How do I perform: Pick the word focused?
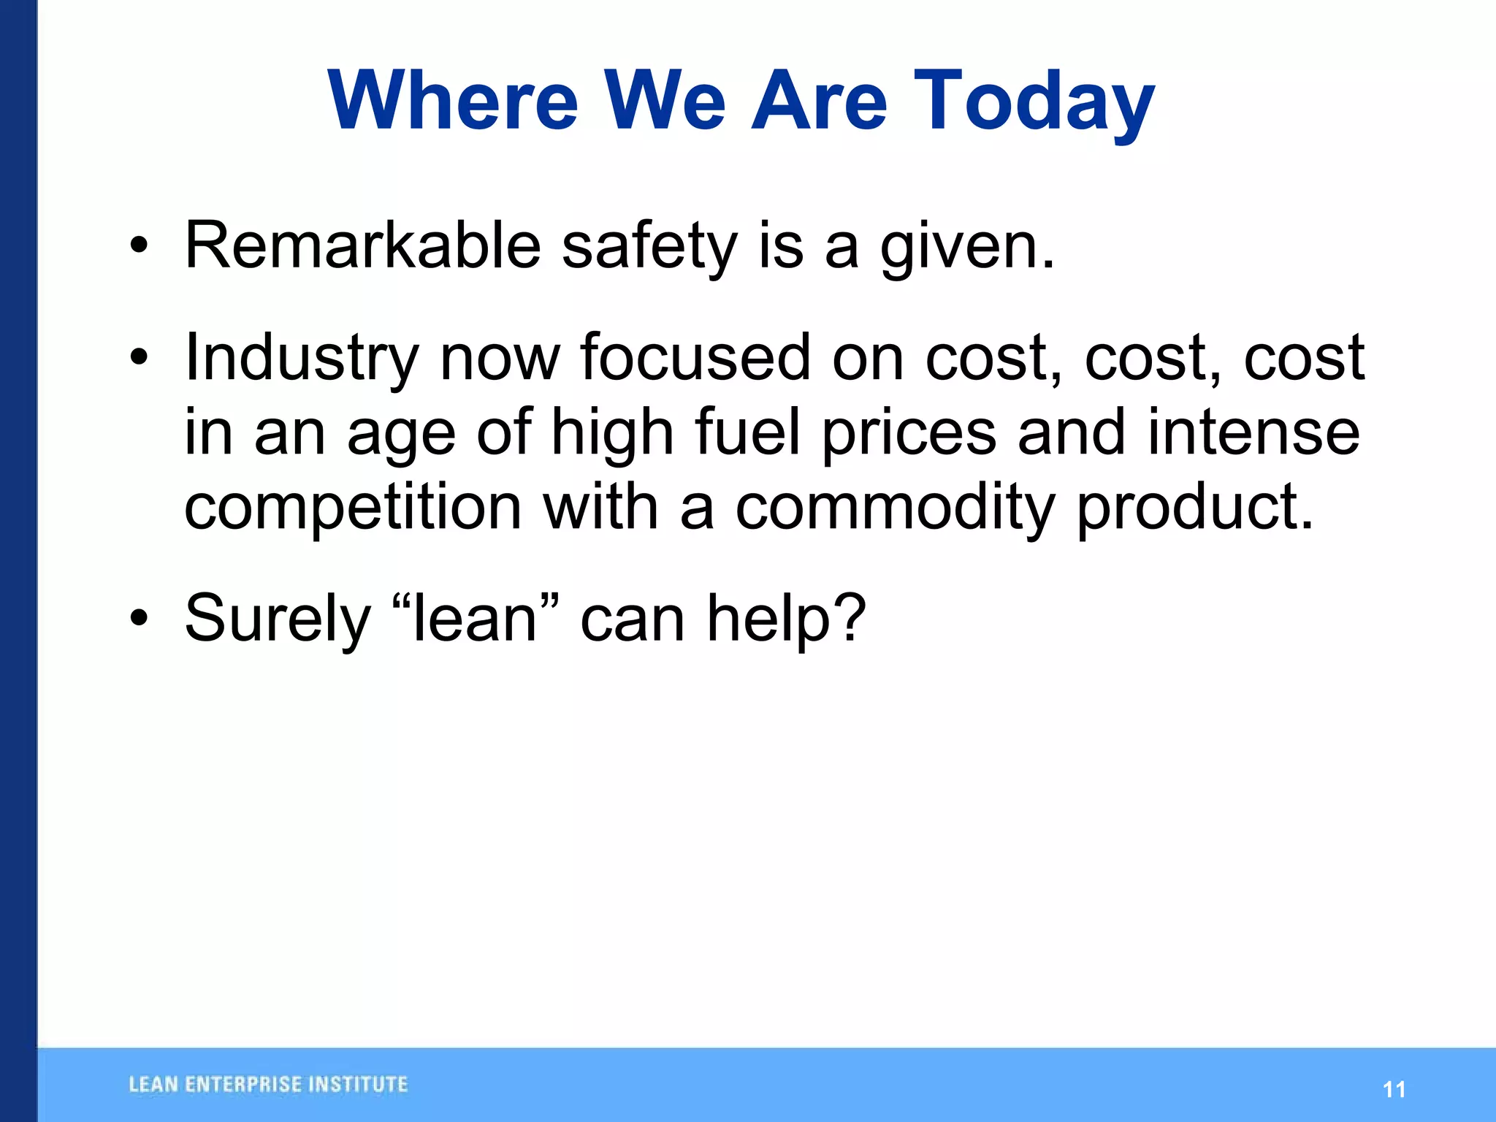point(695,357)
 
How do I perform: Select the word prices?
point(909,435)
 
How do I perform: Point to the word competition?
point(353,509)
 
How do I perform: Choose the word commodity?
point(895,509)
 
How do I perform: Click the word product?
point(1195,509)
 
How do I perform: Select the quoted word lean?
point(476,619)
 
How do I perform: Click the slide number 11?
point(1394,1090)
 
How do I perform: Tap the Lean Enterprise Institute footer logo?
point(268,1085)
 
